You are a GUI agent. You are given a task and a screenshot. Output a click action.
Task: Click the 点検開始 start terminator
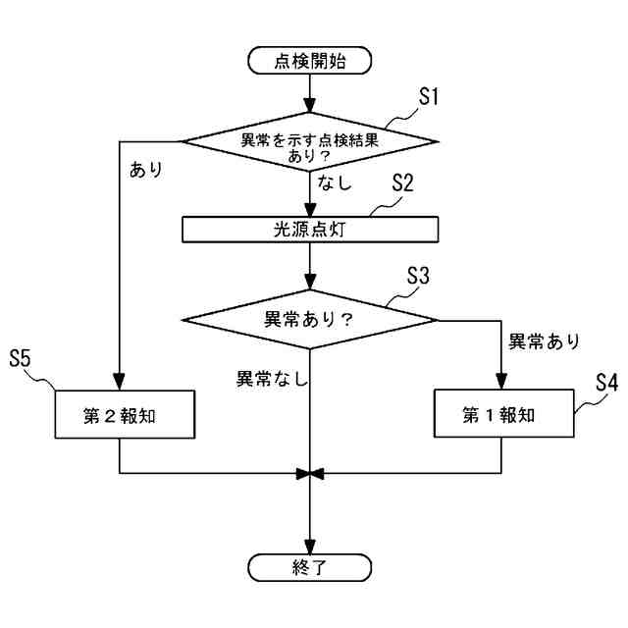click(x=310, y=61)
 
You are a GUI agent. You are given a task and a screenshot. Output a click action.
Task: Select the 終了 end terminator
click(x=310, y=567)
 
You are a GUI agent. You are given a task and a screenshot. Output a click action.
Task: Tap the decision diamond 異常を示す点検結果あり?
click(x=310, y=142)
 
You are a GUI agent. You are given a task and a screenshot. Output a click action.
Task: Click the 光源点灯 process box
click(x=310, y=228)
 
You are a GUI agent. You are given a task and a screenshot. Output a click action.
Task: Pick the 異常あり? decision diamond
click(x=310, y=319)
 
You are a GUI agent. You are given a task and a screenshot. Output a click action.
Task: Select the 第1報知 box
click(x=500, y=415)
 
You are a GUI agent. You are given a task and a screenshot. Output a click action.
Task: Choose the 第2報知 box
click(x=120, y=415)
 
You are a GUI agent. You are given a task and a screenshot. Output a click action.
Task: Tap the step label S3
click(x=418, y=276)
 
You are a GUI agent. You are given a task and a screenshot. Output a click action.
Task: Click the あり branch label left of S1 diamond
click(x=145, y=168)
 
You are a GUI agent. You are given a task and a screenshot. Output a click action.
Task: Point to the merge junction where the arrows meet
click(x=310, y=474)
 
